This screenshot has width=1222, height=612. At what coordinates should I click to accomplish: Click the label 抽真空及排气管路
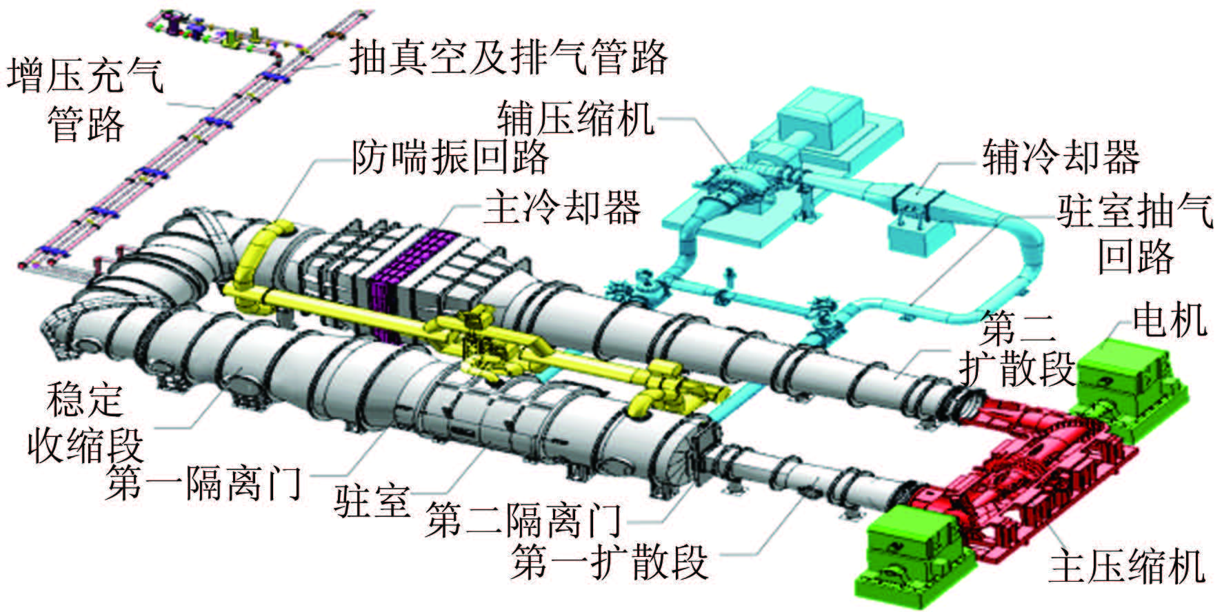(x=509, y=57)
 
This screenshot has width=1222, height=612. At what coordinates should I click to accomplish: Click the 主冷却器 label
(x=562, y=206)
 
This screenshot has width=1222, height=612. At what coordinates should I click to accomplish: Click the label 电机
(x=1170, y=319)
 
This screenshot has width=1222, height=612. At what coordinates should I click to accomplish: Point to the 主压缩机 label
(x=1126, y=567)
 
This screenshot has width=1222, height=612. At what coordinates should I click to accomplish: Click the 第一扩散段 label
(x=610, y=561)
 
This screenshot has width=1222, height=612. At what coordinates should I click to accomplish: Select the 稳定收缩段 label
(x=84, y=422)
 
